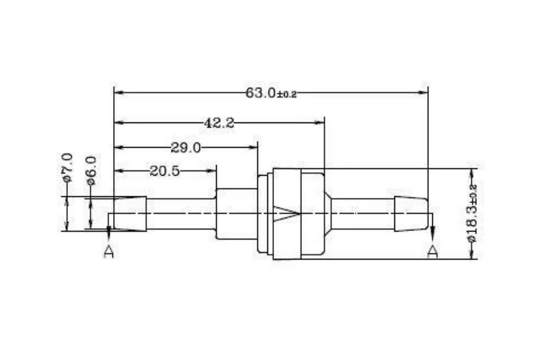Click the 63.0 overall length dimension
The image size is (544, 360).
click(261, 93)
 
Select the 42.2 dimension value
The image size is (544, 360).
click(219, 123)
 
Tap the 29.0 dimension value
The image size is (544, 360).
click(186, 148)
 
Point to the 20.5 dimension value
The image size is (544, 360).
click(165, 171)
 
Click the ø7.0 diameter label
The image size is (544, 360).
click(68, 167)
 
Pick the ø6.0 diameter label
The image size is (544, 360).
click(91, 170)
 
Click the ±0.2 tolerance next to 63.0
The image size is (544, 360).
click(287, 94)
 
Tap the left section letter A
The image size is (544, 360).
click(109, 252)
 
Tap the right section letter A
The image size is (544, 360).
click(432, 252)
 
